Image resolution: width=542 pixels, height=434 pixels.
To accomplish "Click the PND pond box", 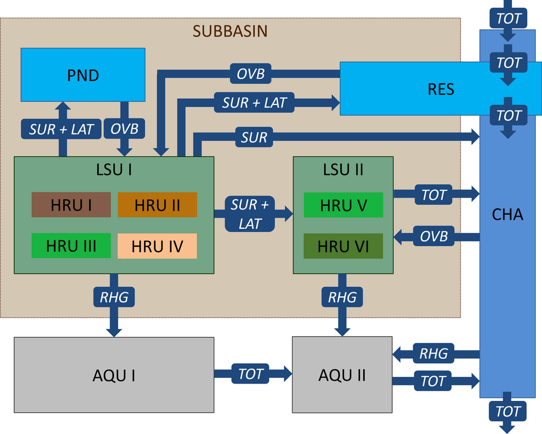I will point(83,75).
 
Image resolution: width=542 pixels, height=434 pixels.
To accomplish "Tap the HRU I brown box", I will point(71,205).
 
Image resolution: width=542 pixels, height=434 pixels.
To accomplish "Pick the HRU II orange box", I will point(157,205).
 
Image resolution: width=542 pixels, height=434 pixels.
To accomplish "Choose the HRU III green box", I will point(71,246).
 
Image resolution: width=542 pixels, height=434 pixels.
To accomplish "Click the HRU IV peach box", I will point(157,246).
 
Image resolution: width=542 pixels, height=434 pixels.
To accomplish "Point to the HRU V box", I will point(343,205).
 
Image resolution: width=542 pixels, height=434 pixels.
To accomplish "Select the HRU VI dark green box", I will point(343,246).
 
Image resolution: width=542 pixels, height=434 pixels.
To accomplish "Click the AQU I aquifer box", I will point(114,375).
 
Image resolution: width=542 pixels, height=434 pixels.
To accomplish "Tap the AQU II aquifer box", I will point(342,375).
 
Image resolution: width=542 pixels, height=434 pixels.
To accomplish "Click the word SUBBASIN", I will point(230,31).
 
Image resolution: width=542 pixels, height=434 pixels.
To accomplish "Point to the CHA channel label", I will point(507,214).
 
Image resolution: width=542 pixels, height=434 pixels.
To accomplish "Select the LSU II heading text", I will point(343,169).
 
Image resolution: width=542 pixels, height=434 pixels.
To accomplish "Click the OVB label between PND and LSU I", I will point(125,129).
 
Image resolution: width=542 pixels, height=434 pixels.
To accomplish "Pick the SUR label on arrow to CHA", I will point(254,137).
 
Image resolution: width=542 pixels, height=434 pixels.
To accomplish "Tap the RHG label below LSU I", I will point(114,296).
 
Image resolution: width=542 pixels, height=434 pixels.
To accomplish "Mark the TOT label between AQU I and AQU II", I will point(251,374).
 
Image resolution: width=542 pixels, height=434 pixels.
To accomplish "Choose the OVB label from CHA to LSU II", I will point(434,236).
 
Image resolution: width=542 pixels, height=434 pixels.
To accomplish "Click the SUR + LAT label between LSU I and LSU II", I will point(251,214).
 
